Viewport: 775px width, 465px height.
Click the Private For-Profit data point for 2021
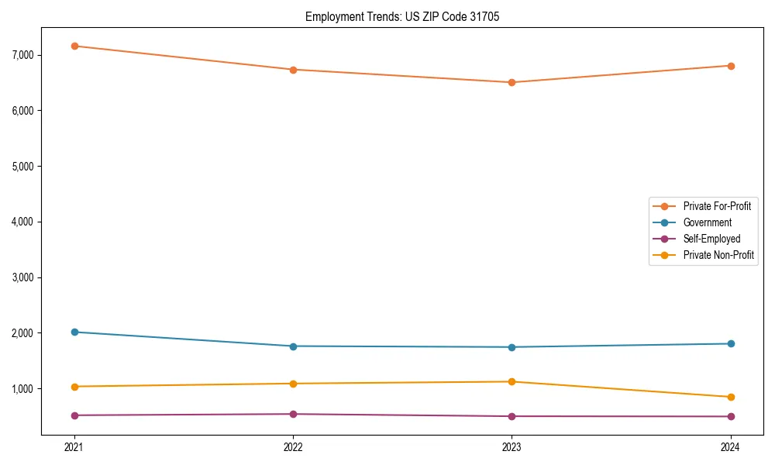tap(74, 46)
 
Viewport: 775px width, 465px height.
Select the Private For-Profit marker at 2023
tap(511, 82)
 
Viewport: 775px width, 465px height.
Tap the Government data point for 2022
tap(293, 346)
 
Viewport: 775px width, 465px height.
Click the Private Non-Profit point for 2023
tap(511, 381)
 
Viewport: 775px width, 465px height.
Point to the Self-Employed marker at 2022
tap(293, 414)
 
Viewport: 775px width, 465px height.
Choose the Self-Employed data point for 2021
tap(74, 415)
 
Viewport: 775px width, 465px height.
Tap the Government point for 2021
tap(74, 332)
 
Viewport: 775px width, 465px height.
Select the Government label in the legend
tap(707, 222)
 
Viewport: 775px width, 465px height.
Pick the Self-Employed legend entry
tap(711, 239)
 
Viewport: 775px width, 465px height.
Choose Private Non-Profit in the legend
tap(718, 255)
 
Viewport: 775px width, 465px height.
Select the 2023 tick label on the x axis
tap(511, 446)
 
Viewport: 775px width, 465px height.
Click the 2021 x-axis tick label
tap(74, 446)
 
